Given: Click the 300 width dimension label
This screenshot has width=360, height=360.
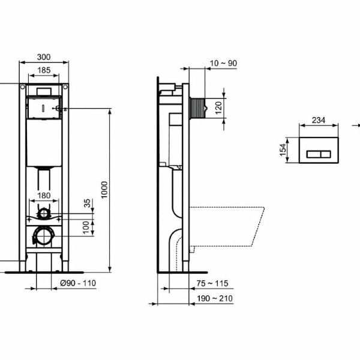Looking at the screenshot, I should pyautogui.click(x=44, y=57).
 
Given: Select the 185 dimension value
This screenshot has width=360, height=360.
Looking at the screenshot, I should pyautogui.click(x=44, y=71).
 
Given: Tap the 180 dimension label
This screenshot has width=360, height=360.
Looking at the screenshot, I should pyautogui.click(x=44, y=194).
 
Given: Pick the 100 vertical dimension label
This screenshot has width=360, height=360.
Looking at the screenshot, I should pyautogui.click(x=86, y=227).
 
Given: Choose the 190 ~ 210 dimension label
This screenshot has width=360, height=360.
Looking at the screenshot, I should pyautogui.click(x=217, y=298).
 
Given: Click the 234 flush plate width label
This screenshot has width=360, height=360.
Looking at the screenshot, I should pyautogui.click(x=318, y=120).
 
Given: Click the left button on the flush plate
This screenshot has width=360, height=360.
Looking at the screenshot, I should pyautogui.click(x=313, y=154).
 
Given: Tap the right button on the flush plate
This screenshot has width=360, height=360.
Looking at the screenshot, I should pyautogui.click(x=326, y=154).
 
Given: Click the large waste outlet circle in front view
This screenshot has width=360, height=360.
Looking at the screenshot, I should pyautogui.click(x=44, y=235).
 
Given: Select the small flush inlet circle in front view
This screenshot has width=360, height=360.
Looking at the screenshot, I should pyautogui.click(x=44, y=213).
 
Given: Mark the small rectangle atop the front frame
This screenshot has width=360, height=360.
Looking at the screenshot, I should pyautogui.click(x=44, y=90).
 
